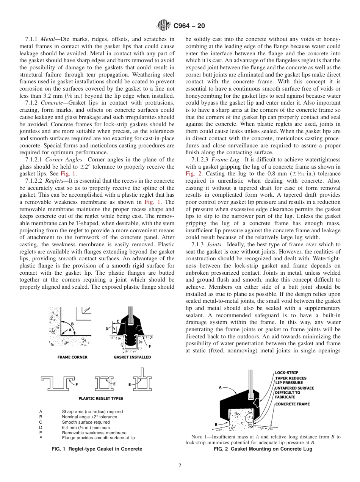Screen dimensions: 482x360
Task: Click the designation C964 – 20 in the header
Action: coord(189,26)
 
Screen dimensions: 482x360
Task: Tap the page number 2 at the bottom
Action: coord(180,466)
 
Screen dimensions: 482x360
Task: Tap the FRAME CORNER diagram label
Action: coord(72,357)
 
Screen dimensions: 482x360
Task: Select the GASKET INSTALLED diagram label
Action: coord(132,357)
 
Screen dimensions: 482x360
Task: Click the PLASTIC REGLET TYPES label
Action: coord(100,398)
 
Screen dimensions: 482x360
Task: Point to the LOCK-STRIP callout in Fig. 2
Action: coord(287,372)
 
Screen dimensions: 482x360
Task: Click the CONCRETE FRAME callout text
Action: coord(292,404)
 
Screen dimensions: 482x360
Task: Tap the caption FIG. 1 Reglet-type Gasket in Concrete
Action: coord(97,449)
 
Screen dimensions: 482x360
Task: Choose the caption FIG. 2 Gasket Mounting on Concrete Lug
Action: coord(263,449)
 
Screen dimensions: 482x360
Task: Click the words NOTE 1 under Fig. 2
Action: coord(198,437)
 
